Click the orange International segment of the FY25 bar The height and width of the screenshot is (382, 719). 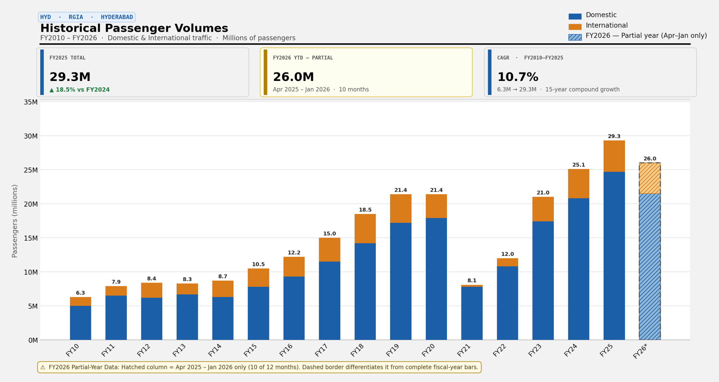pos(614,156)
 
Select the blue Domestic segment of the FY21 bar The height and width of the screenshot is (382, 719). pos(472,313)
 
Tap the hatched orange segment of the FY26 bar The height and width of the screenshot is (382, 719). pos(650,178)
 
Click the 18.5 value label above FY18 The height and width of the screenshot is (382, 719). pos(365,210)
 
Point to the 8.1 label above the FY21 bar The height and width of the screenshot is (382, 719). pos(472,281)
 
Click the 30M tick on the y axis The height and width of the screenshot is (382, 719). pos(31,136)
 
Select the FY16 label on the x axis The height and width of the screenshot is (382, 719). pos(286,350)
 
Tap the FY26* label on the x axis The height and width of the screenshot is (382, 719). pos(640,351)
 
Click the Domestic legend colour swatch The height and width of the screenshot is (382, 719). pos(575,16)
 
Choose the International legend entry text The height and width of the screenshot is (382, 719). pos(607,25)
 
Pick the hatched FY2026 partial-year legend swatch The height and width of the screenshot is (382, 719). pos(575,37)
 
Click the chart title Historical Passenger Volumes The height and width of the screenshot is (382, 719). pos(134,28)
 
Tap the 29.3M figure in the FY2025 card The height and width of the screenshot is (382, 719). pos(70,77)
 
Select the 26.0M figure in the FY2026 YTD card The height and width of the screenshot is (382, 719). pos(293,77)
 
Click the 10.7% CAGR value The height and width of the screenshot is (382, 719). pos(518,77)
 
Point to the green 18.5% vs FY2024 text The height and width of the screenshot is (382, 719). pos(80,90)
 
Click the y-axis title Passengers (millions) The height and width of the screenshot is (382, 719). pos(15,221)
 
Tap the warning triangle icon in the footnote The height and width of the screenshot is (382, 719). pos(43,367)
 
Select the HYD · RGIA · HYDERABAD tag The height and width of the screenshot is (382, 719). pos(87,17)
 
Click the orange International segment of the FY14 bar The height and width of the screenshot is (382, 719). pos(223,289)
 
